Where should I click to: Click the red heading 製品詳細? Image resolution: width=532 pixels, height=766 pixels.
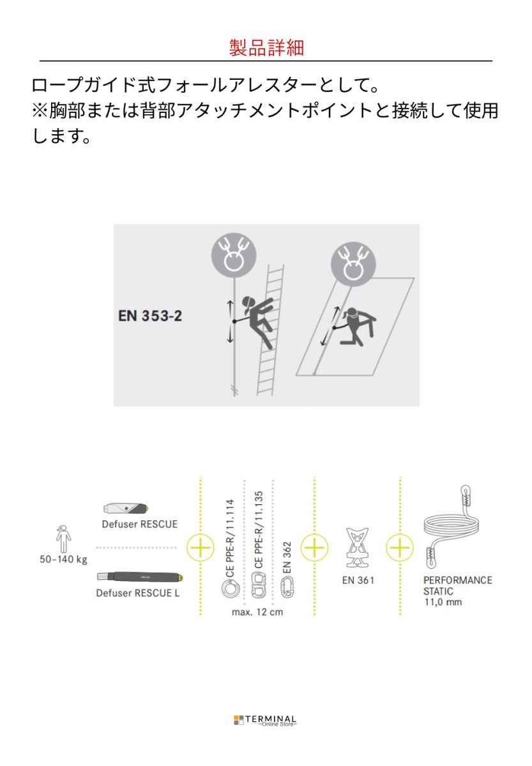tap(266, 47)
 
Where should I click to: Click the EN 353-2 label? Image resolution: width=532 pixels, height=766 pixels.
tap(150, 315)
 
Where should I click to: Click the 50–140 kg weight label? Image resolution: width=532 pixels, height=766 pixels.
tap(63, 560)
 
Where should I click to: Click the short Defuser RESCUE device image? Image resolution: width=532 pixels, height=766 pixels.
tap(125, 508)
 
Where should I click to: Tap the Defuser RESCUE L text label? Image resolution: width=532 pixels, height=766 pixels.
tap(138, 593)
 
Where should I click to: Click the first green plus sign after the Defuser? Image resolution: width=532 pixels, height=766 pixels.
tap(201, 548)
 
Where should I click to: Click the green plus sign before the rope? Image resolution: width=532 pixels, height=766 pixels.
tap(400, 548)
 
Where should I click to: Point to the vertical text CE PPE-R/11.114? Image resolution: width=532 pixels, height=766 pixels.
tap(231, 539)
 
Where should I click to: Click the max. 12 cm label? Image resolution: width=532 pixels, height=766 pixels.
tap(257, 612)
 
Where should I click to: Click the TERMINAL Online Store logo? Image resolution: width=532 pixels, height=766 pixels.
tap(265, 721)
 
